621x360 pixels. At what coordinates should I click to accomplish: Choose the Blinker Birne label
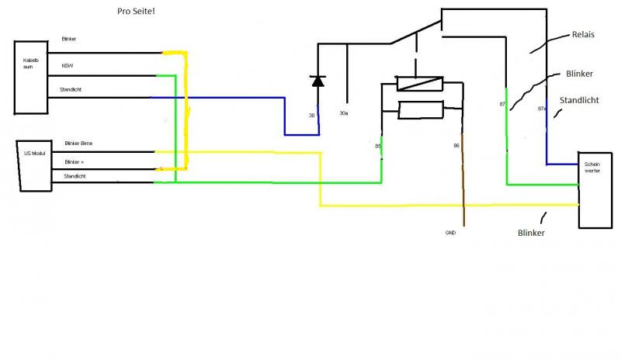[x=80, y=144]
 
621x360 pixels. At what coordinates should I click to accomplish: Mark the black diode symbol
[x=317, y=80]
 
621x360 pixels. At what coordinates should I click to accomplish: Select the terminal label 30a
[x=345, y=114]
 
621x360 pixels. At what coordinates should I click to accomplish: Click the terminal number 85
[x=378, y=145]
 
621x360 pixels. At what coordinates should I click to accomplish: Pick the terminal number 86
[x=456, y=145]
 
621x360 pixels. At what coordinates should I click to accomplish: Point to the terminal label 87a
[x=542, y=109]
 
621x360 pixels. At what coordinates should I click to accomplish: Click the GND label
[x=451, y=233]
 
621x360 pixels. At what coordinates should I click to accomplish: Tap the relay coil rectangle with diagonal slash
[x=419, y=84]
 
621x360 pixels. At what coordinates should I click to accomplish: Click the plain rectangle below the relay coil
[x=419, y=109]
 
